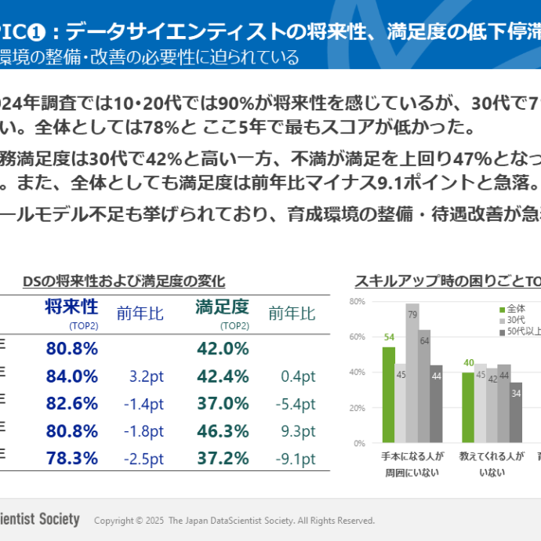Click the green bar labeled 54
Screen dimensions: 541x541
[389, 394]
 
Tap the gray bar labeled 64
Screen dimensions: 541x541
[424, 386]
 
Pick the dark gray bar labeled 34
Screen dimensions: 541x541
[516, 412]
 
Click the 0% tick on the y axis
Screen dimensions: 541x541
[359, 443]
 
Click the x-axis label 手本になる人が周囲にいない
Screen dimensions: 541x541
[412, 463]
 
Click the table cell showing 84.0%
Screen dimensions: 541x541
[71, 376]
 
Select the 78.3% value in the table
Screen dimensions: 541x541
[71, 458]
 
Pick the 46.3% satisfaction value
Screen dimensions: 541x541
[222, 430]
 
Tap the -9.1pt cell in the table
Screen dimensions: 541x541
[296, 458]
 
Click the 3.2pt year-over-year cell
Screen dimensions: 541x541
[146, 376]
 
